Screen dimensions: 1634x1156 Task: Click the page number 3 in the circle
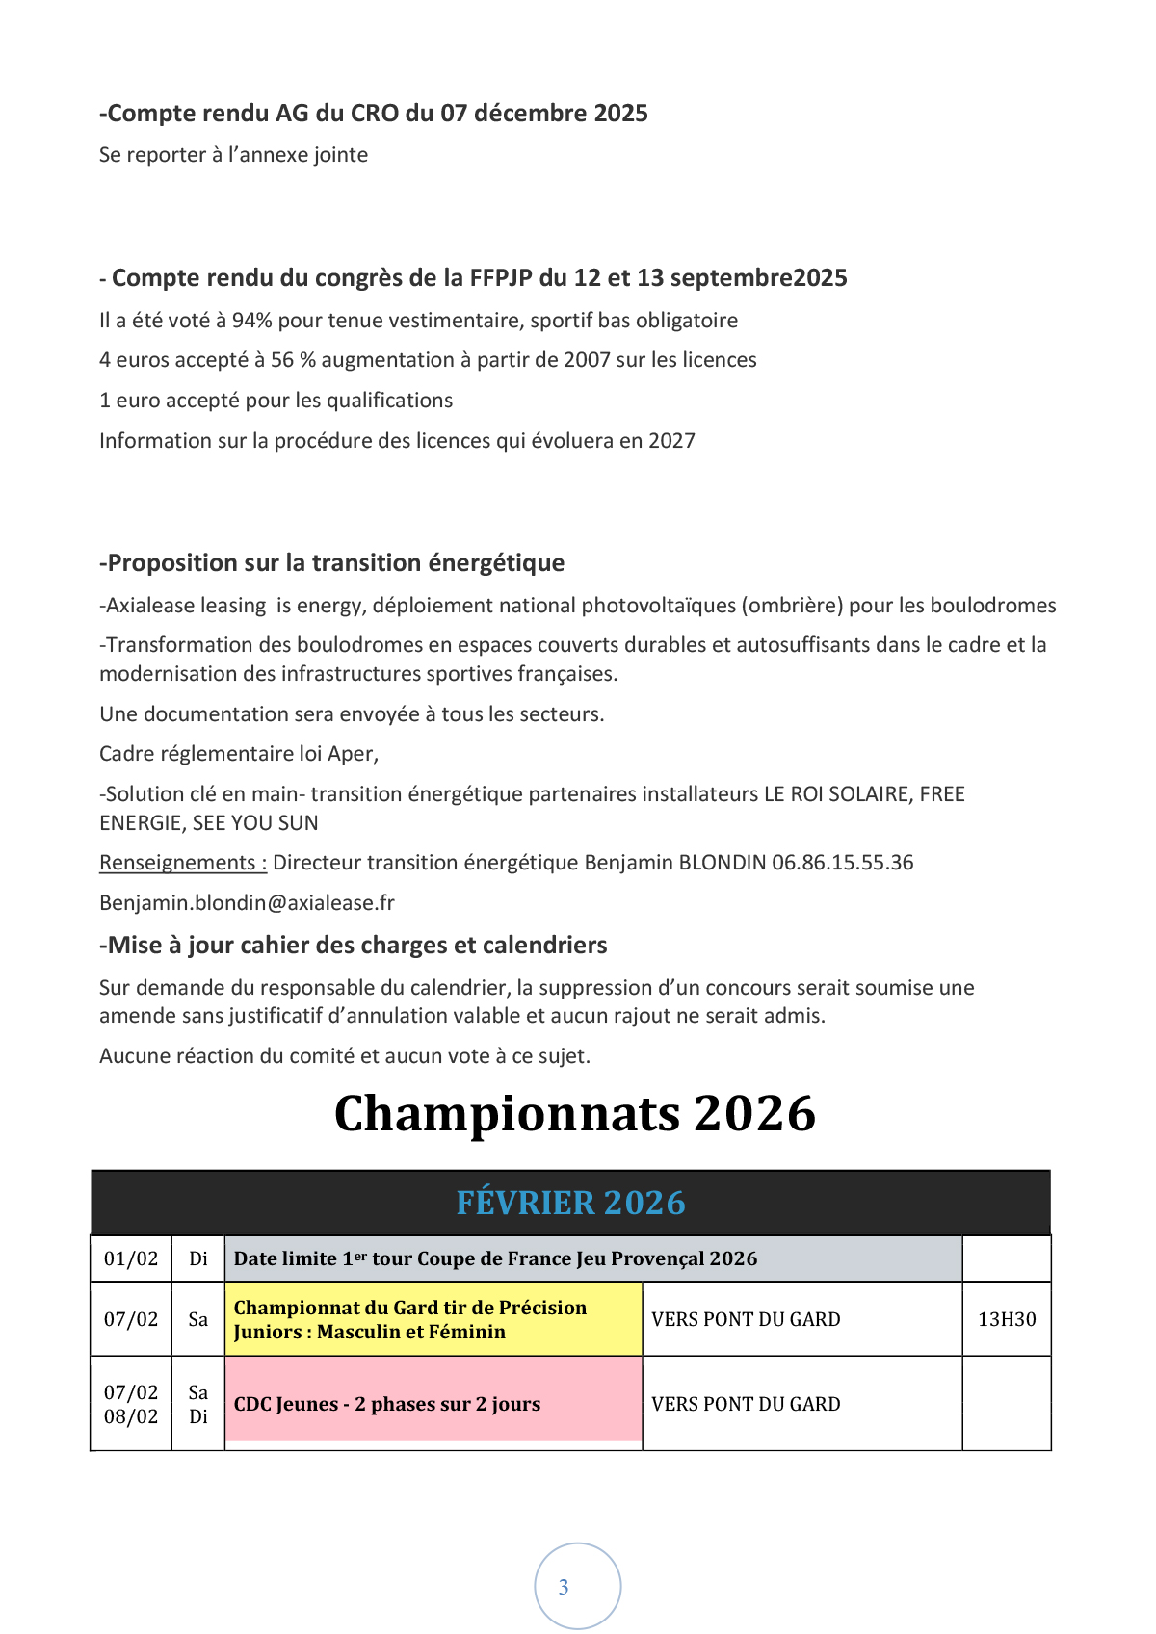565,1587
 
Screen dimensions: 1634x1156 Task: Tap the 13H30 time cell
1007,1319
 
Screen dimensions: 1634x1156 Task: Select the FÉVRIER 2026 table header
570,1204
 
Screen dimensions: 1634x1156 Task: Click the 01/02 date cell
131,1258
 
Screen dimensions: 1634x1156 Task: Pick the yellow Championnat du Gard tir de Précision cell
433,1319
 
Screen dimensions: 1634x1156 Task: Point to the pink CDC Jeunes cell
433,1403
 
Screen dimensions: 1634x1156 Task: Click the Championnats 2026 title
575,1114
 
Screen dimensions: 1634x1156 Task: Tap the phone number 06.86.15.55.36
842,863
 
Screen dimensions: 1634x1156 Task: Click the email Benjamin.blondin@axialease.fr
247,903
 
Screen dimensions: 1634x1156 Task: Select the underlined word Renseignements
182,863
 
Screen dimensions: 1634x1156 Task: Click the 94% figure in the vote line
252,321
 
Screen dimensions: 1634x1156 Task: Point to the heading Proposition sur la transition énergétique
332,563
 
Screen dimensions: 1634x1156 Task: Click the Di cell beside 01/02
198,1258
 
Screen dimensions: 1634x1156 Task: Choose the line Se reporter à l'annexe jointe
233,155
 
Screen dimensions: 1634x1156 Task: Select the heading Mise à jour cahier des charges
354,946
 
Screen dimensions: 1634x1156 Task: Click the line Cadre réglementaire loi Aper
239,754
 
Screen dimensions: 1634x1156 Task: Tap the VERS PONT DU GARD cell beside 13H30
746,1319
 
